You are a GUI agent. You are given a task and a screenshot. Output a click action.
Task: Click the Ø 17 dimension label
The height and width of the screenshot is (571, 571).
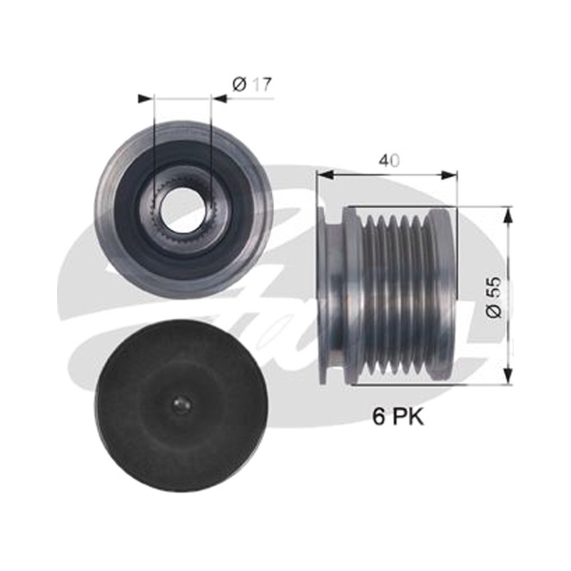tap(252, 85)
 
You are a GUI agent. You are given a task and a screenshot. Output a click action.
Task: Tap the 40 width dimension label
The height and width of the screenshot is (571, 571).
tap(389, 161)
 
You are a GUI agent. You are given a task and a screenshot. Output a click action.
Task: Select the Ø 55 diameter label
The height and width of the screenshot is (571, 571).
tap(494, 298)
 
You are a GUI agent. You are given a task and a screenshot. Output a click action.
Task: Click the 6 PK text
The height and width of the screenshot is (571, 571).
tap(398, 417)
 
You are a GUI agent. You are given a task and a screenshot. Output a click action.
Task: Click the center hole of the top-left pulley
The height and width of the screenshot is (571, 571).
tap(183, 208)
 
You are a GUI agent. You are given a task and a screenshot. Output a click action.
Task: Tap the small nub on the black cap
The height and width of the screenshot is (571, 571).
tap(181, 404)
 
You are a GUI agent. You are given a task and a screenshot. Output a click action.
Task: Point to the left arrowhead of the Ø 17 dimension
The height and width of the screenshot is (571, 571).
tap(145, 98)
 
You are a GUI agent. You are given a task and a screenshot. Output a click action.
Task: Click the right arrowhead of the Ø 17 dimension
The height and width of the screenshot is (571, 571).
tap(220, 98)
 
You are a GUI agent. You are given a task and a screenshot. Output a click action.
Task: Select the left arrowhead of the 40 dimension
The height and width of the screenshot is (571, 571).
tap(326, 175)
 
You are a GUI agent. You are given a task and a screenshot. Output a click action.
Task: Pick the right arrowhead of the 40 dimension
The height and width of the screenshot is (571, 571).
tap(449, 175)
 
